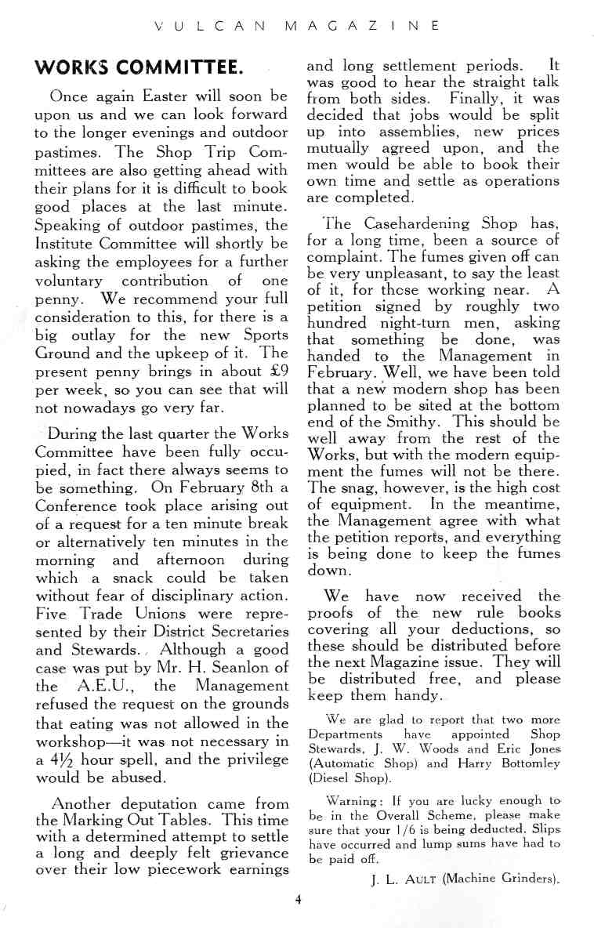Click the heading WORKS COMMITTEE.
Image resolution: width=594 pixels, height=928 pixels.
click(x=140, y=67)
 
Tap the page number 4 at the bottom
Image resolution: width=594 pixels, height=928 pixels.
click(x=299, y=899)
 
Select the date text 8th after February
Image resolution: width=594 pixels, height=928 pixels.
click(x=259, y=487)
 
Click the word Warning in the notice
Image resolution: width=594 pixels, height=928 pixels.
click(x=353, y=800)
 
